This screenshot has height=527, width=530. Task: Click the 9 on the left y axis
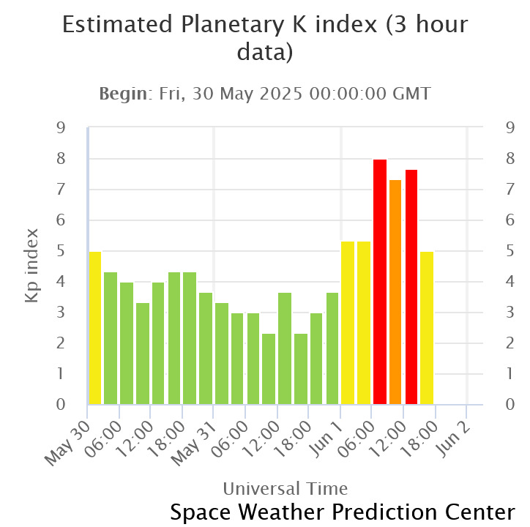[x=61, y=128]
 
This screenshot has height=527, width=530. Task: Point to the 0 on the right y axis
[x=510, y=404]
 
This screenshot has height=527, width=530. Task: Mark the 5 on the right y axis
[x=510, y=251]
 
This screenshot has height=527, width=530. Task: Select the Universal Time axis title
[x=285, y=488]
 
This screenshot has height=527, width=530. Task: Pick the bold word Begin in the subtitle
[x=123, y=94]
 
